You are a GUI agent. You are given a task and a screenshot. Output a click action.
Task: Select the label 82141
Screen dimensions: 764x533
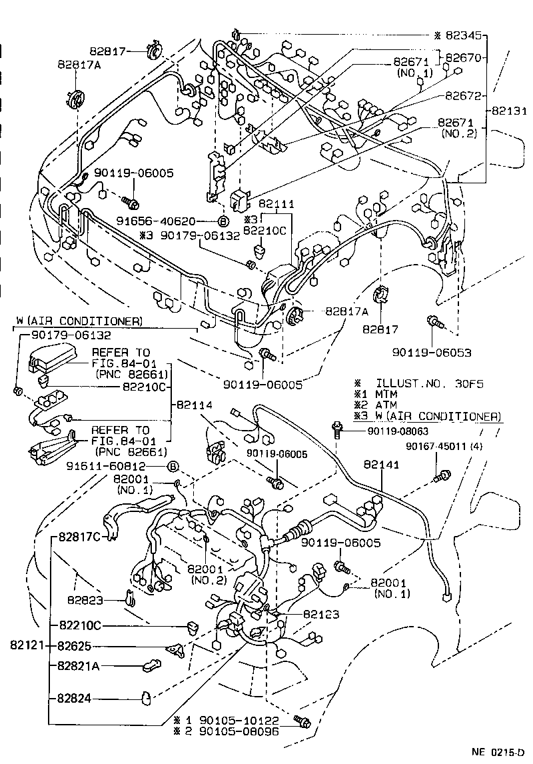point(381,465)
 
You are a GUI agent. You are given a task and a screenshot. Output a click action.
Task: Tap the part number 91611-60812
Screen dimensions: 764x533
point(123,466)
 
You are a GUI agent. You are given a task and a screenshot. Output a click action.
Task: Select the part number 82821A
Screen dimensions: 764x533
point(78,665)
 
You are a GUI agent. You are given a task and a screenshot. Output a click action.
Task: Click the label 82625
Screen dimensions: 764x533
point(79,646)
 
